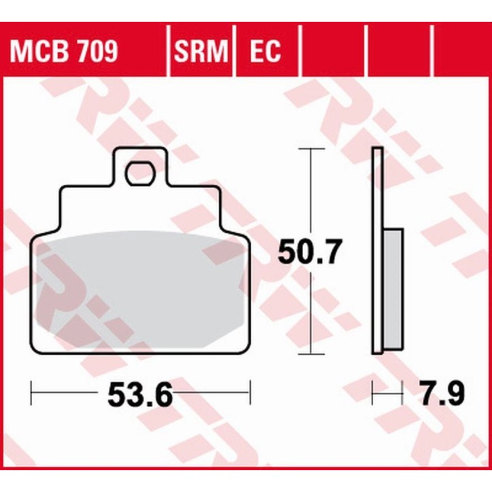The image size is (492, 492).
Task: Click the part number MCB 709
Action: [64, 51]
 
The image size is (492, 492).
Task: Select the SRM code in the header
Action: [200, 51]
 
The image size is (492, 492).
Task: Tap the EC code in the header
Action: [264, 51]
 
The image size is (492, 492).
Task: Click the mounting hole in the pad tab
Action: [139, 173]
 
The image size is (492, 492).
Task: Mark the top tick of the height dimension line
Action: [311, 148]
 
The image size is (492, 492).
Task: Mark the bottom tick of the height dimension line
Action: [311, 353]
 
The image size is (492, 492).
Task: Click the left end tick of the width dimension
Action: [33, 392]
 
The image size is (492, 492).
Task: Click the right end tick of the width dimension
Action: [250, 392]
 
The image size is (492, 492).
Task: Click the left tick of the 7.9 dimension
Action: [373, 392]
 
